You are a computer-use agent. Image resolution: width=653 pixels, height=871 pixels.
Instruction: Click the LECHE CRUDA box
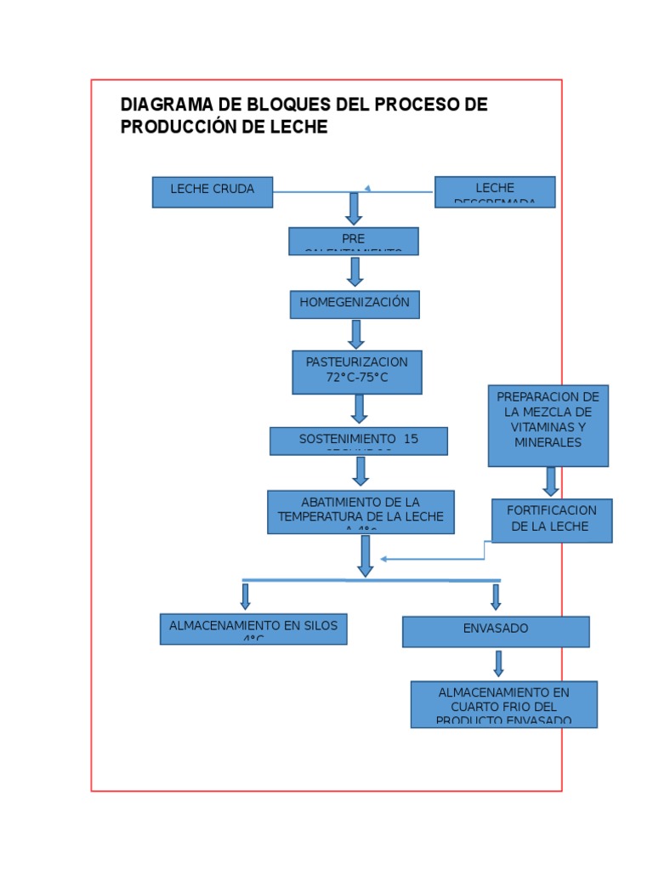pos(213,191)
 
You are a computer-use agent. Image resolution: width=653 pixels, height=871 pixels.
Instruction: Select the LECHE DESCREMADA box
pos(495,191)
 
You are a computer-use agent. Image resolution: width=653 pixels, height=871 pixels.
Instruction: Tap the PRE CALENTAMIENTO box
pos(354,241)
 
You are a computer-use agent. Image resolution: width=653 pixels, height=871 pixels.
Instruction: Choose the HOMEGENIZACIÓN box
pos(355,305)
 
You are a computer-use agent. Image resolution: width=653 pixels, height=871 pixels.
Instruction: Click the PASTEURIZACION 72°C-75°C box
pos(357,372)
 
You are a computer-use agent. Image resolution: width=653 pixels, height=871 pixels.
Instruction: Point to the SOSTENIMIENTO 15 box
pos(359,441)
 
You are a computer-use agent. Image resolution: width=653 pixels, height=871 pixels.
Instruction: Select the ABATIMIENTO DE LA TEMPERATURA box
pos(361,511)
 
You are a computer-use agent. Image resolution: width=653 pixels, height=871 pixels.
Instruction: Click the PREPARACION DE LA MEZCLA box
pos(548,424)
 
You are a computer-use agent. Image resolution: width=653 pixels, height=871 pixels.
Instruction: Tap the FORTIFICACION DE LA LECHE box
pos(552,520)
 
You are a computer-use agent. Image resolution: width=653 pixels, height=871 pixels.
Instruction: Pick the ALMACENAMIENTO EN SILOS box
pos(253,629)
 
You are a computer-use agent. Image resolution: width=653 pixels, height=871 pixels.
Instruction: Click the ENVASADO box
pos(496,631)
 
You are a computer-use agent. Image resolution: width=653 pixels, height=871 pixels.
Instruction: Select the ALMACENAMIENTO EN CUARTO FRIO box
pos(504,703)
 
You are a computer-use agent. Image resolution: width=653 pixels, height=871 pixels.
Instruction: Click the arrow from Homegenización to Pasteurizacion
pos(356,333)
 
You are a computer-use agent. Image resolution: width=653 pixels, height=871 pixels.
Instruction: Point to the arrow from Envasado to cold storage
pos(499,663)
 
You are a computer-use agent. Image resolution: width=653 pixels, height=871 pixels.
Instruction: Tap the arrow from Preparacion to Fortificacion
pos(551,481)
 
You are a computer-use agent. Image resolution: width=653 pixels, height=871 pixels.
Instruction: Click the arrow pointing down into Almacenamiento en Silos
pos(246,596)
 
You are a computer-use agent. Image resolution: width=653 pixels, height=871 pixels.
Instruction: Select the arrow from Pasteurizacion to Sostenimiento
pos(360,409)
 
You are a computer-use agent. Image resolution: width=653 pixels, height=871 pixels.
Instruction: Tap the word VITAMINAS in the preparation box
pos(548,427)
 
